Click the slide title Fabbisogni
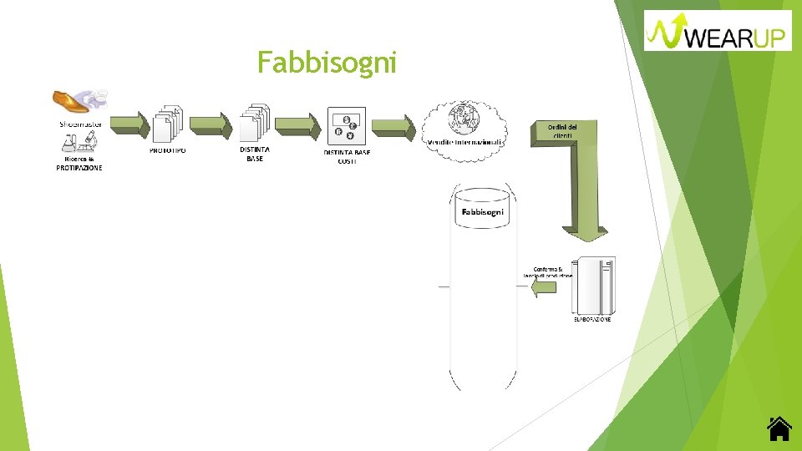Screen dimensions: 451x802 [327, 62]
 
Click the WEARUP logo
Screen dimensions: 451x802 [718, 31]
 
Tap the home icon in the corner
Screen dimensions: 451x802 [779, 428]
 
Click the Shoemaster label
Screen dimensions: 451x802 [80, 124]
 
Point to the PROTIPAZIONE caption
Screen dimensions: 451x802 [79, 168]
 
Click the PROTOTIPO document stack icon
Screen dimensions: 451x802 [168, 124]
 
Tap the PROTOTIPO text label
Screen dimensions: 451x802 [168, 150]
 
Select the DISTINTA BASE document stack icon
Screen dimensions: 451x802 [255, 124]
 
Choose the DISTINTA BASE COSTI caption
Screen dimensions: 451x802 [347, 156]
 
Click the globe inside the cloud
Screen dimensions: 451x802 [460, 119]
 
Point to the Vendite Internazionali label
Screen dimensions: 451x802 [465, 143]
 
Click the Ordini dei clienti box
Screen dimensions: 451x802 [561, 130]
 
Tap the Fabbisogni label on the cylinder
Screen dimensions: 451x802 [483, 212]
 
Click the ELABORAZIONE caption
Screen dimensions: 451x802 [591, 320]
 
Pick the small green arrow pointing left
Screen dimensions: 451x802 [544, 287]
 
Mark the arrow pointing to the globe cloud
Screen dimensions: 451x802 [393, 127]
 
